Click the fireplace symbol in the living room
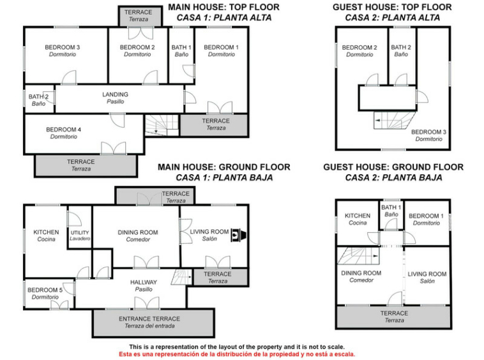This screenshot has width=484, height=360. pos(239,235)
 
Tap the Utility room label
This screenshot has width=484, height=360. pos(80,236)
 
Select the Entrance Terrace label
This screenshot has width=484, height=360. pos(149,322)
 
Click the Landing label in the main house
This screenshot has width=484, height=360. pos(115,98)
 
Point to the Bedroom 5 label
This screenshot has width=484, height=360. pos(45,294)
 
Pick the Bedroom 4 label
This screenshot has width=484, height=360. pos(64,133)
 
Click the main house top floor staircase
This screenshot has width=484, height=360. pos(162,125)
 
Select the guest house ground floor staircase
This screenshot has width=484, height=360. pos(358,256)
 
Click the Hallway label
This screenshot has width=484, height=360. pos(144,286)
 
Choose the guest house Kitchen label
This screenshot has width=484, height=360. pos(358,219)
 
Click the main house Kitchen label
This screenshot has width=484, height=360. pos(46,236)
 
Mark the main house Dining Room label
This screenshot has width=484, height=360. pos(138,236)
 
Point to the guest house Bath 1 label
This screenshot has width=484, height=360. pos(391,211)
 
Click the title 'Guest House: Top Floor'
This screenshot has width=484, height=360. pos(392,7)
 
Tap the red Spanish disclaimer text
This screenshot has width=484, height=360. pos(237,354)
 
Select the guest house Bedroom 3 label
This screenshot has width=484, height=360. pos(428,135)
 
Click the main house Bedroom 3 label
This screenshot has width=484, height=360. pos(63,50)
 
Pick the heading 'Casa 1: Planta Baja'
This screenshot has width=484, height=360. pos(224,177)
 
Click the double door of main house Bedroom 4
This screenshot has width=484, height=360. pos(113,148)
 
